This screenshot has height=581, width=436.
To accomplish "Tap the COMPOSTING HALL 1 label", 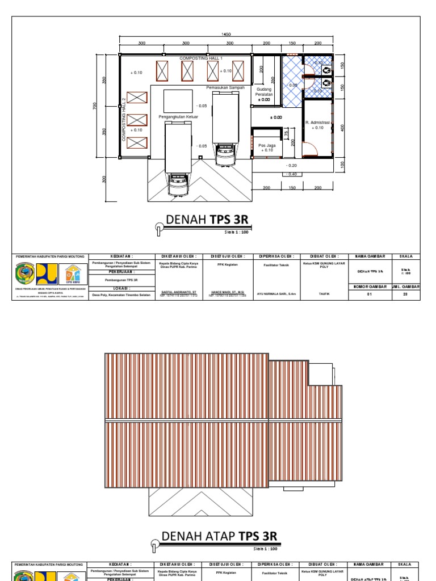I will pos(201,58).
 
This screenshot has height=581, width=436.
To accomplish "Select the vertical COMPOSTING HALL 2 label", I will pos(123,120).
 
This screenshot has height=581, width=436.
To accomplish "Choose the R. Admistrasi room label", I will pos(317,123).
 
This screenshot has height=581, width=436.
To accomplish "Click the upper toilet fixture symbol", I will pos(328,69).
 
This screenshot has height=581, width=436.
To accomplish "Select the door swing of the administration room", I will pos(309,149).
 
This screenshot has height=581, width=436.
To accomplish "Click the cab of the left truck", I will pos(178,184).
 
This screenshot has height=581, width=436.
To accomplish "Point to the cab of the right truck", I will pos(225,154).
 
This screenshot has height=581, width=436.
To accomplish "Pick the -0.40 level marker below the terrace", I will pos(292,174).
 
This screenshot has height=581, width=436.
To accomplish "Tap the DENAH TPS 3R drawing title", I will pos(207,220).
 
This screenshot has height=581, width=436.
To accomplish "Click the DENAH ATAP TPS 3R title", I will pos(220,536).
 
